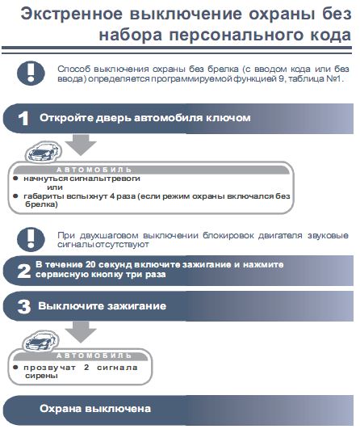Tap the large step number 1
(x=23, y=118)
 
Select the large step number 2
(x=23, y=269)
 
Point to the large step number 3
(x=23, y=307)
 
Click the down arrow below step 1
(x=80, y=143)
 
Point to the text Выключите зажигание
(x=102, y=307)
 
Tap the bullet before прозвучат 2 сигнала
(x=16, y=368)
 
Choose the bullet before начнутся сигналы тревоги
(x=16, y=178)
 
